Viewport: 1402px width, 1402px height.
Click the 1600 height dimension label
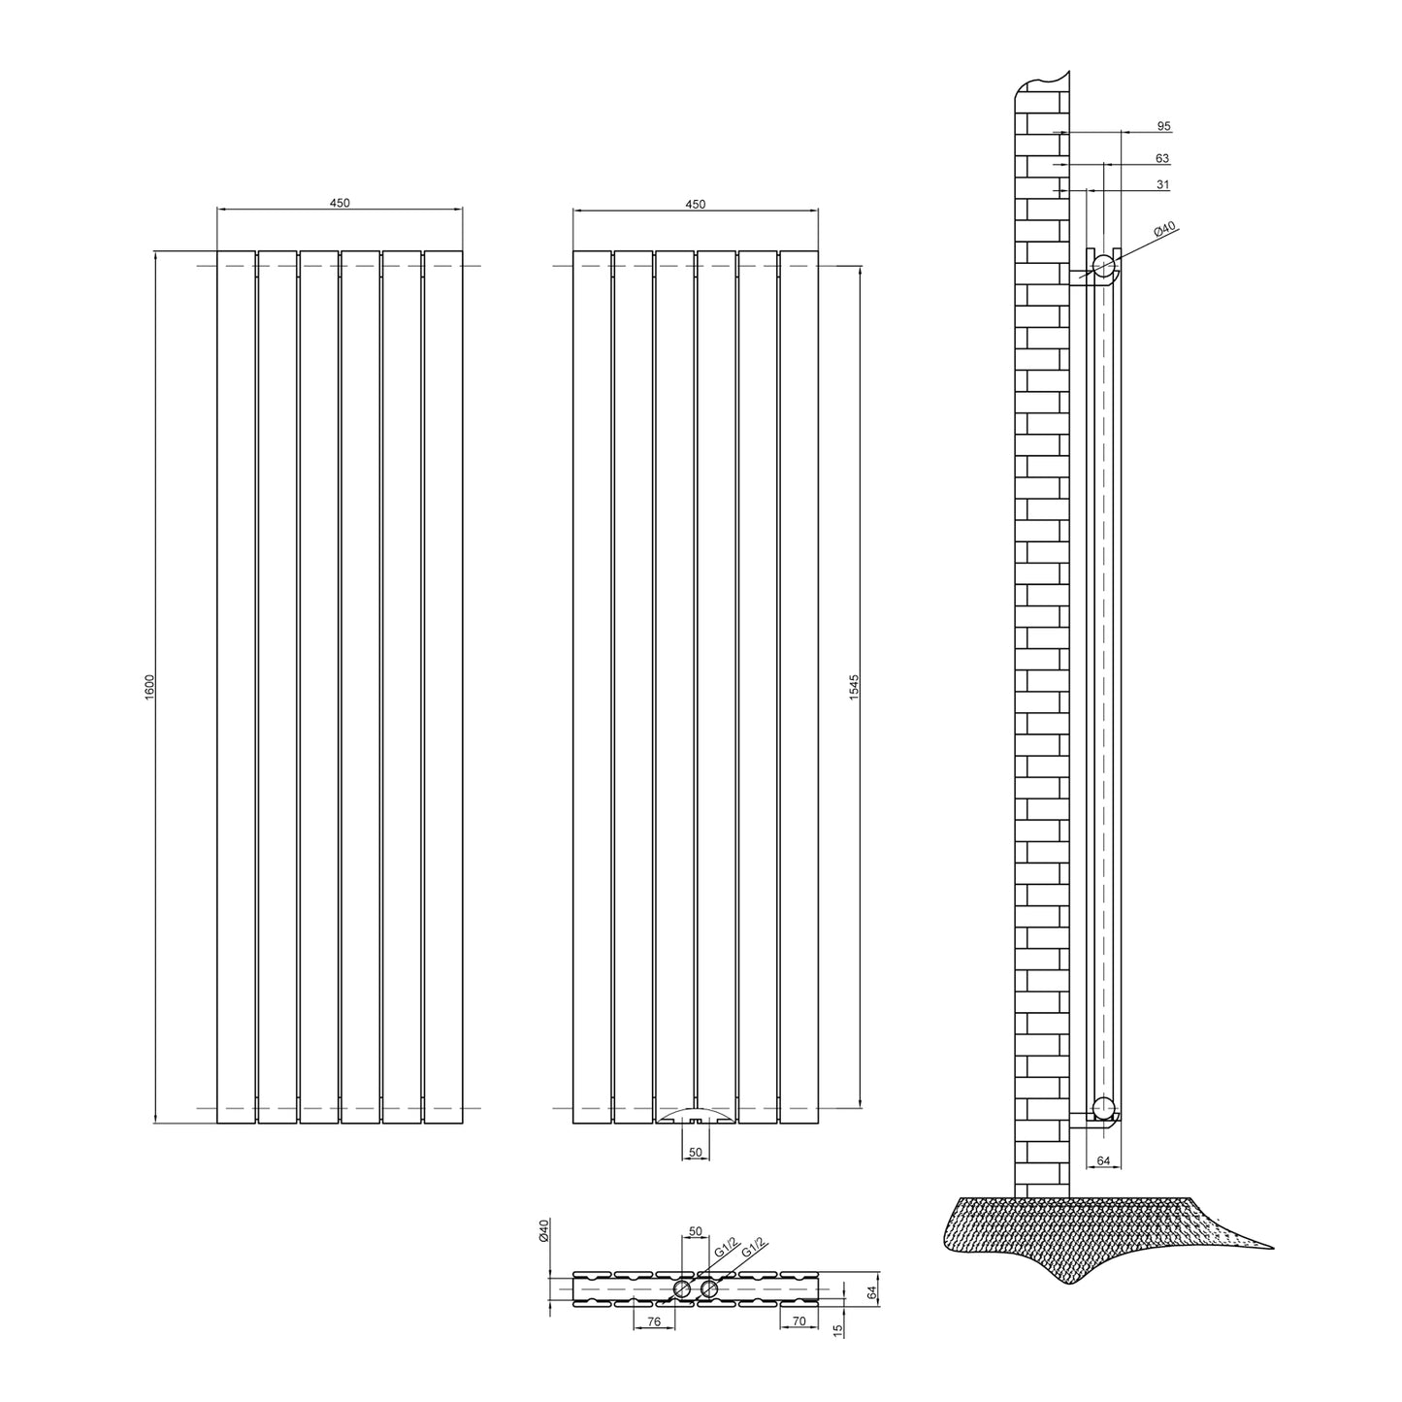click(149, 687)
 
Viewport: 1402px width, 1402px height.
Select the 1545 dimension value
click(854, 687)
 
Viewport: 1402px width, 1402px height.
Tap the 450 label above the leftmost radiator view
click(339, 203)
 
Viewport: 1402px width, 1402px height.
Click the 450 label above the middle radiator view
click(695, 203)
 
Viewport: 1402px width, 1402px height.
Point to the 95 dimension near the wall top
click(1163, 126)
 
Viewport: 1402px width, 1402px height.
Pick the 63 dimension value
click(1162, 157)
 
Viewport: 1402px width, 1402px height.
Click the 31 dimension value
click(1162, 184)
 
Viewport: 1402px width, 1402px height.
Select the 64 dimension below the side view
click(1102, 1159)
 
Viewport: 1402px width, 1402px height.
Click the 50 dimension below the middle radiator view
click(695, 1152)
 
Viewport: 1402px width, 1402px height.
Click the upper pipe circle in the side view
click(1102, 266)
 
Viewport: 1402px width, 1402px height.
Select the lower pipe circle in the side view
click(1102, 1106)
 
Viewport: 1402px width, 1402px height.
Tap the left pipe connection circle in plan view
click(682, 1288)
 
